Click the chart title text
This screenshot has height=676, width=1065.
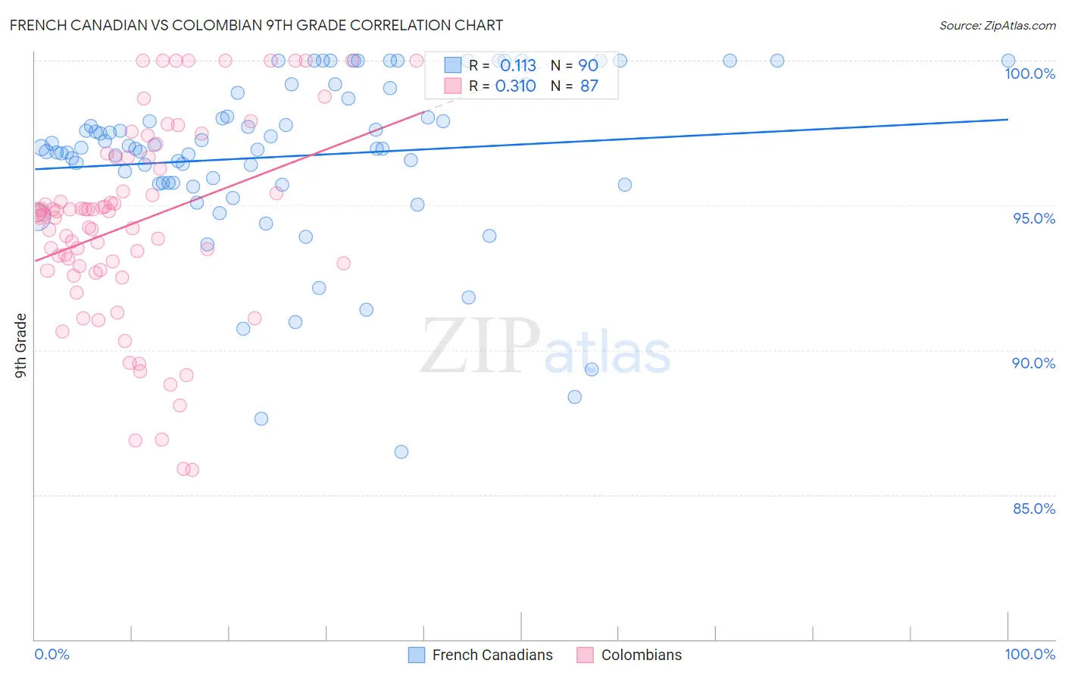coord(256,26)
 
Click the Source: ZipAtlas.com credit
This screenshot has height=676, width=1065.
coord(997,26)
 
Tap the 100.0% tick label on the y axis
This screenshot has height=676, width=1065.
coord(1029,74)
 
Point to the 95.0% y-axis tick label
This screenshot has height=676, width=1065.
coord(1034,218)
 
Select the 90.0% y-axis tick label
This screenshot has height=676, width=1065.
coord(1033,363)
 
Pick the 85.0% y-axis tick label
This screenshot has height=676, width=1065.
coord(1034,509)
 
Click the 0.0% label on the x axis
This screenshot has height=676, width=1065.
coord(52,654)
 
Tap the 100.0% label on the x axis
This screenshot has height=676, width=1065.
coord(1029,654)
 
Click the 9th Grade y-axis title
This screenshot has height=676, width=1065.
coord(21,346)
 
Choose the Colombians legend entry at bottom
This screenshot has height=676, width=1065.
coord(629,655)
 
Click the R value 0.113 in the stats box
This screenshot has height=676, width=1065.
coord(518,65)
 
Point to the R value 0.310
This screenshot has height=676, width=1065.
coord(515,86)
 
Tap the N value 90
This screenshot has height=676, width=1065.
coord(589,65)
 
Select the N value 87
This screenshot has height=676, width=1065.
coord(589,86)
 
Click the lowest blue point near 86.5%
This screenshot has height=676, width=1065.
coord(401,452)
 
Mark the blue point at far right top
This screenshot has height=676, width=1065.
coord(1008,61)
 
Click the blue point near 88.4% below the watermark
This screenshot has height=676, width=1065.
coord(575,397)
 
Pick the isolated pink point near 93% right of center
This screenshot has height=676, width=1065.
coord(344,263)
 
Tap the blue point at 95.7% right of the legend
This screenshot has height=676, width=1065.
coord(625,185)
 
